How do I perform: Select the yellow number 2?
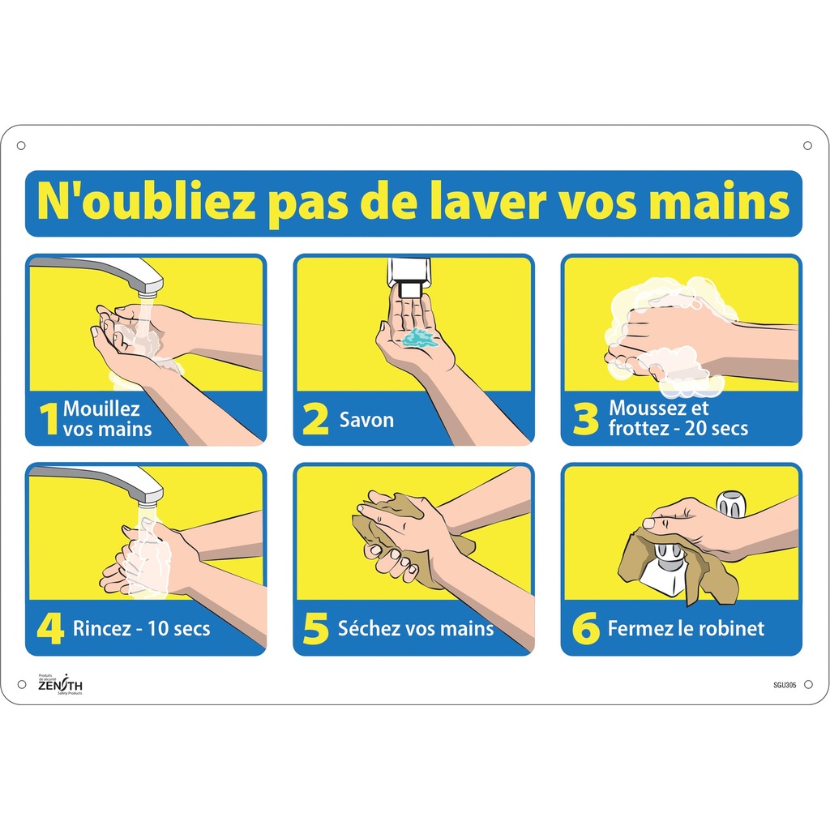(x=315, y=420)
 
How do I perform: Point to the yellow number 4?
(x=49, y=629)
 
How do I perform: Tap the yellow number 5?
(x=315, y=629)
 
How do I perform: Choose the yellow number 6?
(x=584, y=629)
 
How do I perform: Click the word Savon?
(x=366, y=420)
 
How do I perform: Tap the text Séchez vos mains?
(x=417, y=629)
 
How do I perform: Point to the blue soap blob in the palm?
(x=420, y=338)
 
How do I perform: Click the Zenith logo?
(x=60, y=685)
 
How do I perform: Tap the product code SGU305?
(x=785, y=685)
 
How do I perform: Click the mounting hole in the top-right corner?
(x=807, y=145)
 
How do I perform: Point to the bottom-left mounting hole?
(x=21, y=685)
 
